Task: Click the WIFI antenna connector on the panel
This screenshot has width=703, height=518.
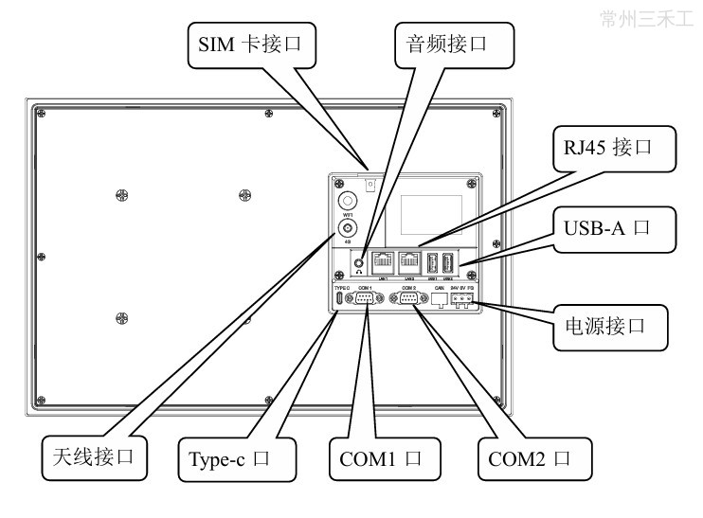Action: tap(348, 201)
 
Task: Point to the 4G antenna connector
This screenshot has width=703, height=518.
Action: tap(348, 227)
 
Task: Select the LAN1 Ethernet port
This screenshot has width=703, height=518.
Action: tap(384, 262)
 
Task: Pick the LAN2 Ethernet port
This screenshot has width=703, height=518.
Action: tap(410, 262)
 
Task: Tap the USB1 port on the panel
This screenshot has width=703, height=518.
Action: tap(433, 262)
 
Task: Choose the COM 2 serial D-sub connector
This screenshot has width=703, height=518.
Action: tap(409, 299)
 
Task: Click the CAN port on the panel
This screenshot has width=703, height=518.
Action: tap(439, 299)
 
